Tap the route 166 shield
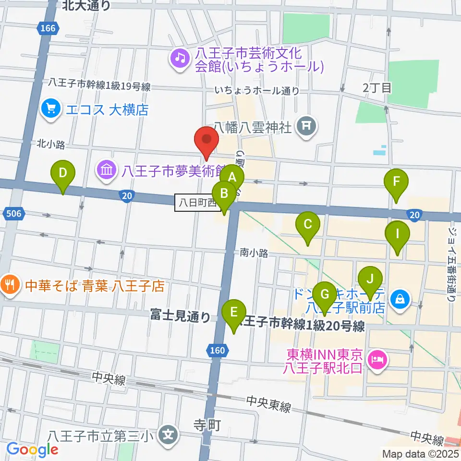click(x=48, y=28)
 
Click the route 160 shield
click(x=217, y=351)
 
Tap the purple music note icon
click(x=180, y=59)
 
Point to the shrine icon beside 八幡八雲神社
click(x=306, y=127)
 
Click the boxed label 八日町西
click(x=196, y=202)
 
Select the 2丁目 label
click(x=377, y=87)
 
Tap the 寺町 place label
click(x=206, y=425)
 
